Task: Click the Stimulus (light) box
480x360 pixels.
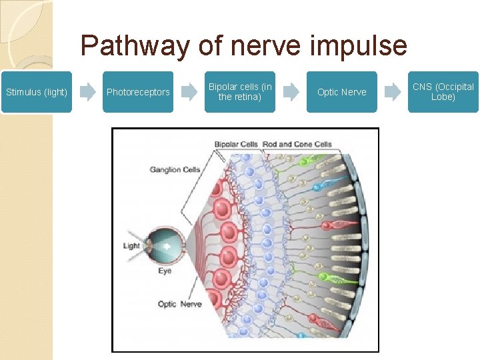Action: [36, 92]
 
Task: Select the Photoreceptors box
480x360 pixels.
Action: [138, 92]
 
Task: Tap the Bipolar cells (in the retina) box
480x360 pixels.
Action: [240, 92]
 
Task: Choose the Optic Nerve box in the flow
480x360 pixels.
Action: [341, 92]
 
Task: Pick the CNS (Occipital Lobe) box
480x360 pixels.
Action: [443, 92]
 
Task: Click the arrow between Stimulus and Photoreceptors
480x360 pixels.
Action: [88, 92]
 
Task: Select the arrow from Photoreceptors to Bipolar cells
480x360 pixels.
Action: [190, 92]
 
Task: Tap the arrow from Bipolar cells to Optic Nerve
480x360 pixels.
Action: [291, 92]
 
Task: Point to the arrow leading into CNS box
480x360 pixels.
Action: [393, 92]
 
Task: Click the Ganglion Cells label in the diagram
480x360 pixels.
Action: [175, 169]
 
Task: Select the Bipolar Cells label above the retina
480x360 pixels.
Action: [237, 144]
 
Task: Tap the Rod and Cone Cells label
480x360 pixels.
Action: [297, 144]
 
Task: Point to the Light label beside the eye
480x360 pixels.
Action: [131, 246]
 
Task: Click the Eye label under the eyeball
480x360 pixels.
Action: [165, 271]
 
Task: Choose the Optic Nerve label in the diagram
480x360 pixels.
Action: [179, 304]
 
